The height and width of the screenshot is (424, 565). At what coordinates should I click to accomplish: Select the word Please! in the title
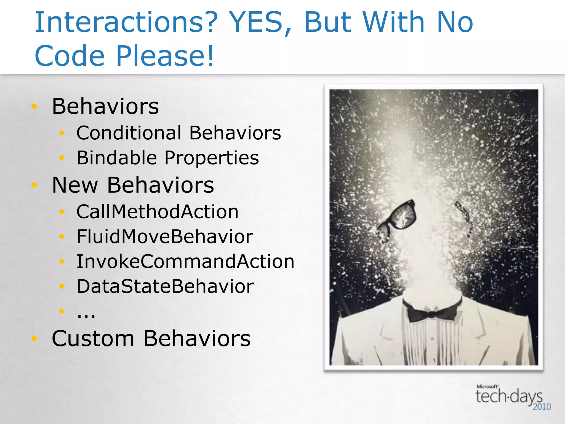[165, 56]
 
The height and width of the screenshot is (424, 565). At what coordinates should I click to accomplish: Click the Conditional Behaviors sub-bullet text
[179, 133]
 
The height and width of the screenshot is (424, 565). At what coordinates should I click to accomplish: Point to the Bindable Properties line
[168, 158]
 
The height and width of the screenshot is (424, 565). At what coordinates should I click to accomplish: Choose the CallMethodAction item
[158, 212]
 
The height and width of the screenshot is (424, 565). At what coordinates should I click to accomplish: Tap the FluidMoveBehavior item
[165, 237]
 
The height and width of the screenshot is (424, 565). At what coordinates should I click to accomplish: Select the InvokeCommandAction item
[185, 262]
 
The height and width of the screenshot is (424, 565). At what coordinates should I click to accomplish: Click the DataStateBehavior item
[165, 287]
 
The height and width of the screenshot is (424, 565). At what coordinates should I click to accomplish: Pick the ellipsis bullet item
[86, 314]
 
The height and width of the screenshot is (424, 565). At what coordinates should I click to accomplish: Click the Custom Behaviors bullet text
[151, 338]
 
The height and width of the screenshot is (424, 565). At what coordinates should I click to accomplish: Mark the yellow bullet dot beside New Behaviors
[34, 185]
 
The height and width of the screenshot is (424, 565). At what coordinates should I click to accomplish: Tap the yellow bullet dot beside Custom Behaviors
[34, 338]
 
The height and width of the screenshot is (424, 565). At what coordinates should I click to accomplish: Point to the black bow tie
[432, 312]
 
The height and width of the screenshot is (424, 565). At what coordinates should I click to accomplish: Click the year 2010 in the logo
[542, 407]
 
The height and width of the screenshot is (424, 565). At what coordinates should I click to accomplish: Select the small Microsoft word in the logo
[487, 386]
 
